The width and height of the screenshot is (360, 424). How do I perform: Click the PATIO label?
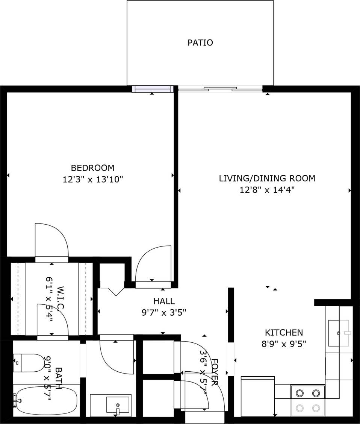pos(200,43)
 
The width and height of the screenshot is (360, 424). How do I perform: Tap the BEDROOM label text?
pos(92,168)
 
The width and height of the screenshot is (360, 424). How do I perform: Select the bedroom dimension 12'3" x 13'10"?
pos(92,180)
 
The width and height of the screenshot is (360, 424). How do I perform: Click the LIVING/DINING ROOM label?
pos(267,178)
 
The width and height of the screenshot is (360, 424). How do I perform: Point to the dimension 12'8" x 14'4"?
pos(267,190)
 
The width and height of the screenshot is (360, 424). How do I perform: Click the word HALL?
pos(164,301)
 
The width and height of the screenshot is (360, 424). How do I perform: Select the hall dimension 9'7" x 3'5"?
pos(164,312)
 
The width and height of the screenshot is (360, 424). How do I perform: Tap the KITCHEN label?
pos(284,333)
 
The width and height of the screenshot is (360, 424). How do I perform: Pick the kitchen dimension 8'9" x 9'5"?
pos(284,344)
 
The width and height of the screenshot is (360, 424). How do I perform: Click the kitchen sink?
pos(339,333)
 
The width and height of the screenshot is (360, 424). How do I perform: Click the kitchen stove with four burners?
pos(308,400)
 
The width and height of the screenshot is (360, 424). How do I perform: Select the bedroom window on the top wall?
pos(152,89)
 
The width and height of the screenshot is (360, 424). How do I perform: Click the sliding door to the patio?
pos(220,89)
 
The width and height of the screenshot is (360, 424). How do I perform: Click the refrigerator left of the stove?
pos(257,397)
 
